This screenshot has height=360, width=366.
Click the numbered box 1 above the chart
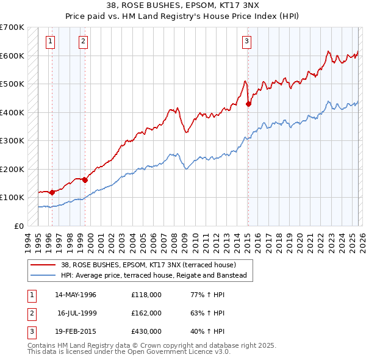point(49,41)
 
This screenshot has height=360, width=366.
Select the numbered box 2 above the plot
point(82,41)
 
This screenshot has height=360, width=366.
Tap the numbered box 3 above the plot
point(246,41)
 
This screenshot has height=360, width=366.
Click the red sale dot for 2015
point(248,104)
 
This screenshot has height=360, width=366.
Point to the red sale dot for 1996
point(52,192)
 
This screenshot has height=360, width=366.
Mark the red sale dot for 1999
point(85,179)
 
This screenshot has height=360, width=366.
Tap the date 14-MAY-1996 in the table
point(76,295)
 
